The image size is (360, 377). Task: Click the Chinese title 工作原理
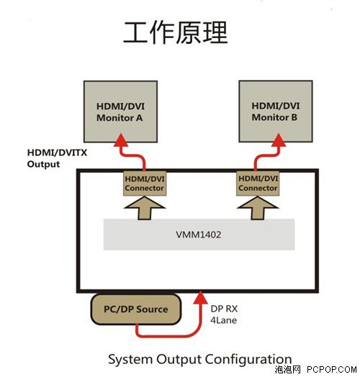point(176,32)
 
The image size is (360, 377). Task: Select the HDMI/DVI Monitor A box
point(120,112)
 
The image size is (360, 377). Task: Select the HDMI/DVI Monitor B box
point(276,112)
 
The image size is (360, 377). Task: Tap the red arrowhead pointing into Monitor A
point(121,140)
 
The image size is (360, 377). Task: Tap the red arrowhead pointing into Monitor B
point(279,140)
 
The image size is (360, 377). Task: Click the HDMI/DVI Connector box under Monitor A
point(145,183)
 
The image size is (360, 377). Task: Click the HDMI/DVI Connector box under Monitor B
point(258,183)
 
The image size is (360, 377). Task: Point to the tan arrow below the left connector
point(145,208)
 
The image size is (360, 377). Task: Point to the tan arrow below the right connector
point(258,208)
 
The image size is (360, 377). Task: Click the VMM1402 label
point(199,235)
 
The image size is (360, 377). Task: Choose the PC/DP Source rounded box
point(136,309)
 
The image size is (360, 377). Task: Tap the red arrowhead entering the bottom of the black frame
point(201,297)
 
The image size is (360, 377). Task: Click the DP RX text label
point(224,309)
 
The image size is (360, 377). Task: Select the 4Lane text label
point(223,320)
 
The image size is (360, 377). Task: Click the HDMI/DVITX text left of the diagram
point(57,153)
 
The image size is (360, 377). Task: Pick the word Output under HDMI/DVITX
point(43,165)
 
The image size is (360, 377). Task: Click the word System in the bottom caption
point(130,360)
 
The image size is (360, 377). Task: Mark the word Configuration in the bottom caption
point(248,360)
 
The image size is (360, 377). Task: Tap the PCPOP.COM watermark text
point(332,370)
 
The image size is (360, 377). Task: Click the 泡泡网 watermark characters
point(287,370)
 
